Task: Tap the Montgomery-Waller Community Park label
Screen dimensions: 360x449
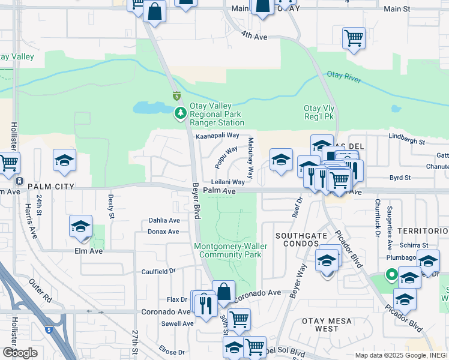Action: coord(228,250)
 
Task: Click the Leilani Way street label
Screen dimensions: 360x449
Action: coord(228,182)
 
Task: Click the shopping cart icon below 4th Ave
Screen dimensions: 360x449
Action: coord(354,38)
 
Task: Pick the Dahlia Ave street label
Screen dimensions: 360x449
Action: coord(164,221)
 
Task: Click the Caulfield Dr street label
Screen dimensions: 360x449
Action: coord(158,271)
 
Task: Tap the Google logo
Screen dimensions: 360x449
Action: coord(20,353)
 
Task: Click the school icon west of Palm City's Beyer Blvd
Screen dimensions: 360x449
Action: coord(64,161)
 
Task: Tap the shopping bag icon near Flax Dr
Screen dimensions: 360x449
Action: coord(223,293)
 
